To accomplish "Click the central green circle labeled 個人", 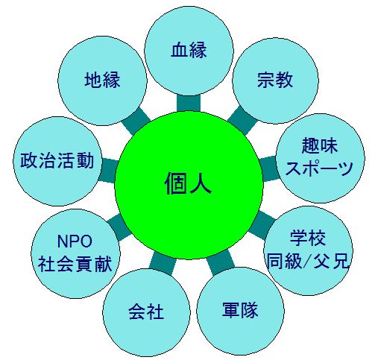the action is (x=189, y=185).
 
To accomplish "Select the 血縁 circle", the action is (x=189, y=51).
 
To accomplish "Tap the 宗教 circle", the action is (x=275, y=80).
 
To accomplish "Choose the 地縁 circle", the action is (x=102, y=80).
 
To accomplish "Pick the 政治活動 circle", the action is (x=57, y=161).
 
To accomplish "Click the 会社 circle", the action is (x=146, y=312).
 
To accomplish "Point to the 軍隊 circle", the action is (x=240, y=311).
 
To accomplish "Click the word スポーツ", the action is (x=320, y=168).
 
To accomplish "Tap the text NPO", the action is (x=75, y=241).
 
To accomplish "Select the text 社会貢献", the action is (x=75, y=264).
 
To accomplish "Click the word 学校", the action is (x=308, y=238).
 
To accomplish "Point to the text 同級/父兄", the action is (x=308, y=261).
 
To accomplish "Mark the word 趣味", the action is (x=320, y=145).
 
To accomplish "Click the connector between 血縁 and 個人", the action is (x=189, y=103).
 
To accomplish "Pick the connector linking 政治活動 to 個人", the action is (x=108, y=171).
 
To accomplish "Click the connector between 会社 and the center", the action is (x=163, y=263).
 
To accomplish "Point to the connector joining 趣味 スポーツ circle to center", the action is (x=269, y=168).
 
